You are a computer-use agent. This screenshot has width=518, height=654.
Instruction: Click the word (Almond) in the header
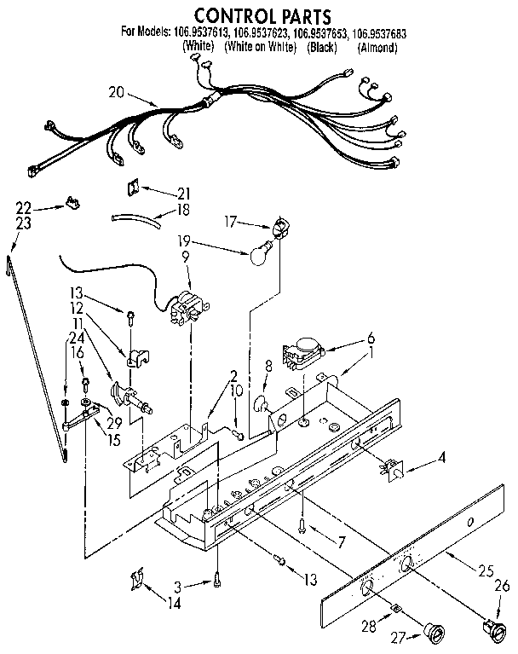click(x=377, y=49)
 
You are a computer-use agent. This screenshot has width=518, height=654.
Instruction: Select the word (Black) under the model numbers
click(x=322, y=49)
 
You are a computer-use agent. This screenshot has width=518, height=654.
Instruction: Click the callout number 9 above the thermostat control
click(x=183, y=253)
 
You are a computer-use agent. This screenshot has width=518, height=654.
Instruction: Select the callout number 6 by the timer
click(x=371, y=336)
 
